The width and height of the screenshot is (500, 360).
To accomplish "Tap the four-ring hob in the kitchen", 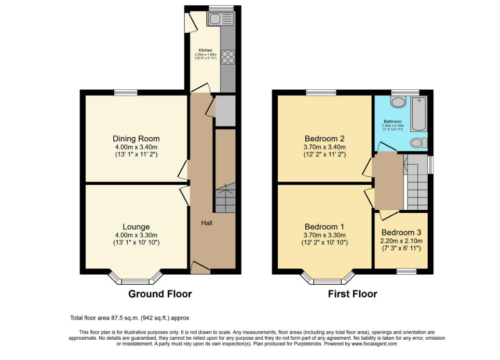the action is [228, 57].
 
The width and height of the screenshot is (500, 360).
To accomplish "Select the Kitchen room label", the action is [205, 50].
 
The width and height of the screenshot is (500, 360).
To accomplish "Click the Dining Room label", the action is [136, 139].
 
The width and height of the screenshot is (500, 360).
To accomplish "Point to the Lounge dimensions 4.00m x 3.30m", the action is [136, 235].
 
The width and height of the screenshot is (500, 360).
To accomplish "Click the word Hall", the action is [207, 223].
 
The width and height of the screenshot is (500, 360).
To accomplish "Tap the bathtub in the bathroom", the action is [419, 114].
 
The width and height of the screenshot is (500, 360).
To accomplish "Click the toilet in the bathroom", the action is [419, 143].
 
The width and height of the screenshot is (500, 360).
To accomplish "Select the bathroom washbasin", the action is [398, 102].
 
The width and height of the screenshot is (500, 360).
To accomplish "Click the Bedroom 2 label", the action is [324, 139].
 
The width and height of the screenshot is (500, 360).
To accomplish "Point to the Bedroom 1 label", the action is [324, 227].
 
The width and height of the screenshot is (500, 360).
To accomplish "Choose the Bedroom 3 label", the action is [401, 233].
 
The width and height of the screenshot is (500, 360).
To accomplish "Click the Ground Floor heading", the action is [160, 294].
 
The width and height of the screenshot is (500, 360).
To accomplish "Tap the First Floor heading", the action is [352, 294].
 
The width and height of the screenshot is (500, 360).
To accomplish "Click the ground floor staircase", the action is [226, 198].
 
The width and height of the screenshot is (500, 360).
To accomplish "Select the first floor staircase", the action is [416, 182].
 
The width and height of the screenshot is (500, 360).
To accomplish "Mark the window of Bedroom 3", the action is [406, 271].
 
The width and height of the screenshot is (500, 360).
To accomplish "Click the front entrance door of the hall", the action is [200, 267].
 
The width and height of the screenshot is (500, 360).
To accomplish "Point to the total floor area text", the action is [130, 318].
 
